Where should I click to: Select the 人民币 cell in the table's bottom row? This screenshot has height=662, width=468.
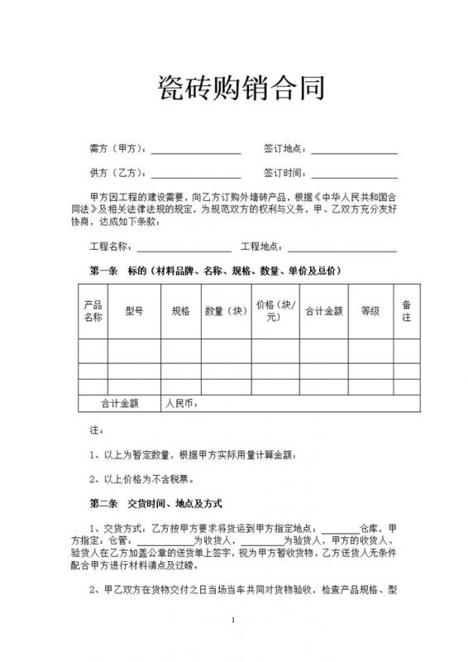[x=180, y=404]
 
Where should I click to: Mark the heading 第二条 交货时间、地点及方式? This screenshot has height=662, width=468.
[x=156, y=503]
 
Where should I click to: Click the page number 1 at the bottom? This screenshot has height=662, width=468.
[x=235, y=620]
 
